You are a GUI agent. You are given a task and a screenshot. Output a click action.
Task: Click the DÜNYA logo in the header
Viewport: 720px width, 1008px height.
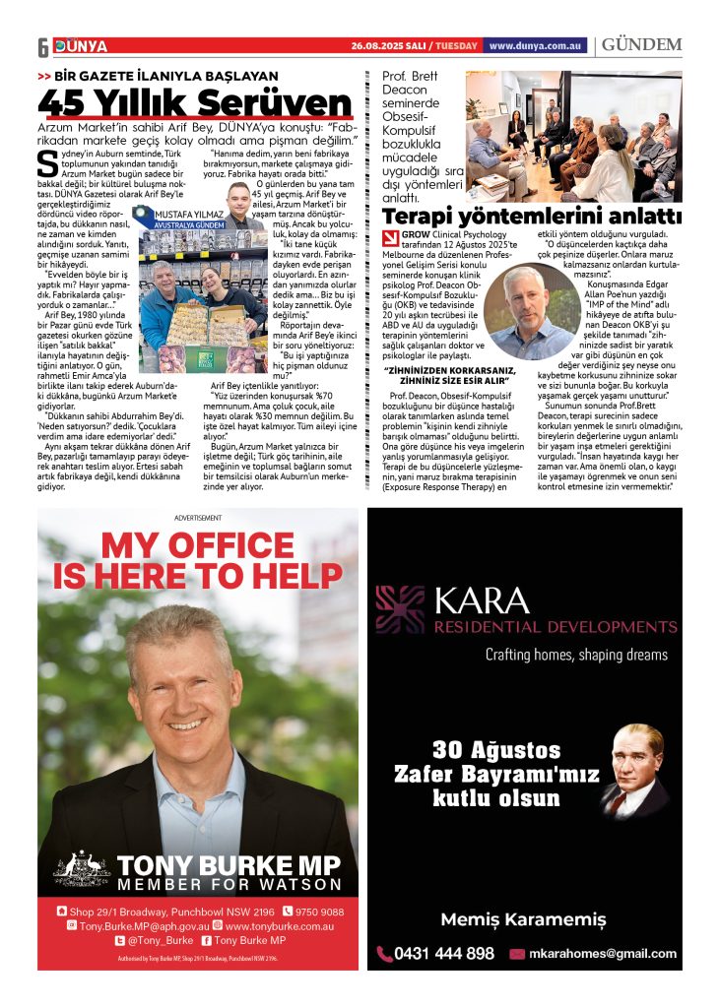coord(81,46)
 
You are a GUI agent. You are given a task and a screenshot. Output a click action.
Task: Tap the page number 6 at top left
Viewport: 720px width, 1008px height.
coord(43,47)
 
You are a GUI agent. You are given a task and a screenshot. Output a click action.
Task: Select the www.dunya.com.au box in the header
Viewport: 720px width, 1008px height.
coord(537,45)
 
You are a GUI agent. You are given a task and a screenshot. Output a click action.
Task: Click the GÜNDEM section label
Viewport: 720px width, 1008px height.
coord(641,45)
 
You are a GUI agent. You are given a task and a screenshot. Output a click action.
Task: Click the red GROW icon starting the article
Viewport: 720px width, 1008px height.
coord(391,235)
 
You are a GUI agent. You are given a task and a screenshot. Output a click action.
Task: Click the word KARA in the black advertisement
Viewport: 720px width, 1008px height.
coord(469,598)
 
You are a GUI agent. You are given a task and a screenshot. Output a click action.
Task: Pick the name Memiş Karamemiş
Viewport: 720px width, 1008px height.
coord(523,919)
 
